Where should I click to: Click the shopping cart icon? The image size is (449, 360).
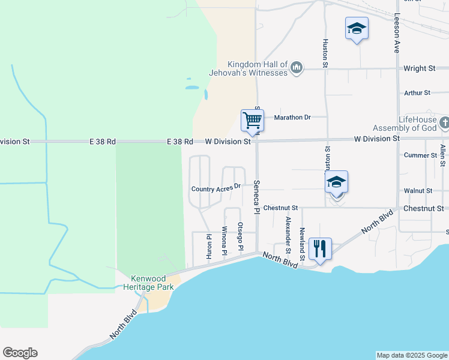point(252,120)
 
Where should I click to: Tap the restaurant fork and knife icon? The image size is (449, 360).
point(319,248)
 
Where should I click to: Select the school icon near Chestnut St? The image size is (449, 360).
point(337,182)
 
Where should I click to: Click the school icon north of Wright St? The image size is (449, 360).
point(357,28)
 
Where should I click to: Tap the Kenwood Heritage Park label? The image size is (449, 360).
point(152,282)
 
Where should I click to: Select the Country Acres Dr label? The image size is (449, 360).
point(215,188)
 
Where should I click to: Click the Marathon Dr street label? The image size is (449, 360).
point(292,117)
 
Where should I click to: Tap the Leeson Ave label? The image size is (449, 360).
point(397,34)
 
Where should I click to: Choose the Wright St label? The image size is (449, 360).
point(419,68)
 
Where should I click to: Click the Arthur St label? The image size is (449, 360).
point(417,93)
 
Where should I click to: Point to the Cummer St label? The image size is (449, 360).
point(421,155)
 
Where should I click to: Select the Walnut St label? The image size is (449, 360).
point(418,190)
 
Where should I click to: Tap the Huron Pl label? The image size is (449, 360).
point(209,247)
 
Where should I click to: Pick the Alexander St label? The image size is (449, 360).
point(288,231)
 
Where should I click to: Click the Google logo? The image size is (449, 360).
point(20,353)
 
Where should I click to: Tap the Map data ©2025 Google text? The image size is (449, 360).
point(411,355)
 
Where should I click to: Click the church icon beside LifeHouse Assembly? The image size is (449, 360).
point(444,124)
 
